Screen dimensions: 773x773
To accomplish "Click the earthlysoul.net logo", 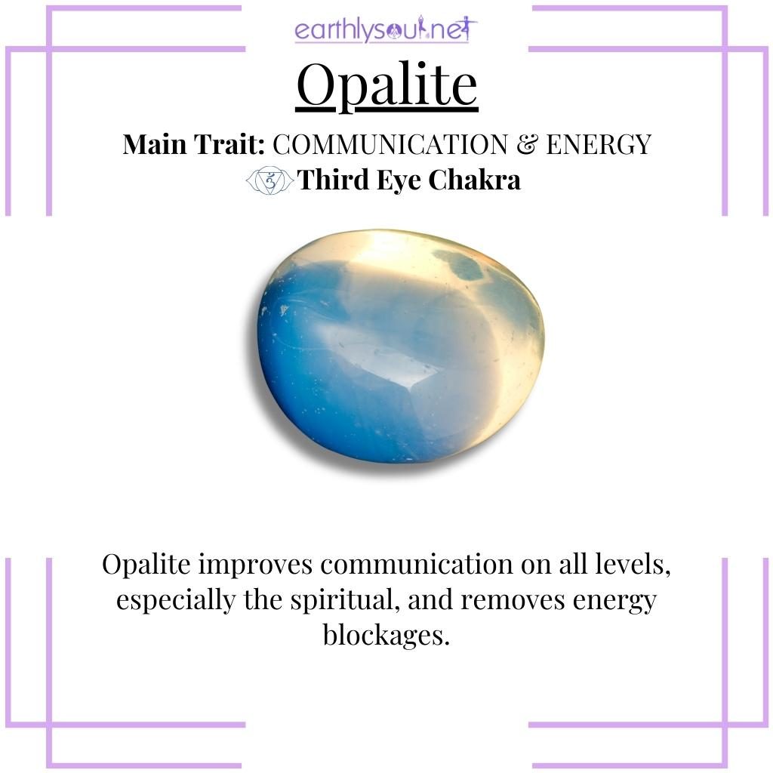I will click(x=386, y=31).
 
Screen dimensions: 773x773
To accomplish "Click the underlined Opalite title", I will click(x=386, y=85).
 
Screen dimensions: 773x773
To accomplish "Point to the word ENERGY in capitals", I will click(x=598, y=143).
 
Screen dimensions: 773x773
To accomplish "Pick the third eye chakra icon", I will click(x=269, y=180).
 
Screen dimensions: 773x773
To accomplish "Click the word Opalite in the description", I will click(x=148, y=565).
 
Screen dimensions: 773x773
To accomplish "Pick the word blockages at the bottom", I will click(x=386, y=635).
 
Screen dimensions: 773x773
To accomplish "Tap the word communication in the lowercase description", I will click(x=412, y=565).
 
